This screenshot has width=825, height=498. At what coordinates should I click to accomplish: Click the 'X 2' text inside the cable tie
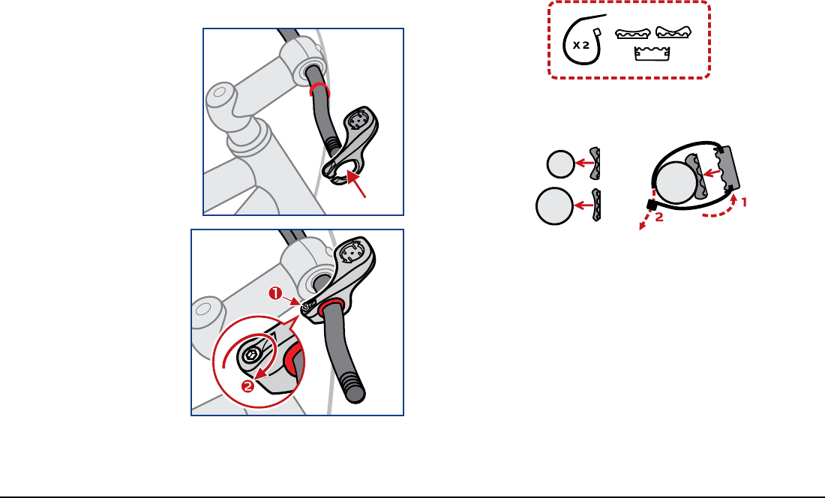580,45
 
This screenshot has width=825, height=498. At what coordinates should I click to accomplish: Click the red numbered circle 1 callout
276,293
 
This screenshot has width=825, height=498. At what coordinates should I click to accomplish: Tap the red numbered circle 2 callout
247,386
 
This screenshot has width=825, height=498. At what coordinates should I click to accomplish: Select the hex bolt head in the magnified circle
251,356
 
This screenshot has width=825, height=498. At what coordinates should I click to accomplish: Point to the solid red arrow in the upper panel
356,186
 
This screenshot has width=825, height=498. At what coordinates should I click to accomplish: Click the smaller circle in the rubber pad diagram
561,164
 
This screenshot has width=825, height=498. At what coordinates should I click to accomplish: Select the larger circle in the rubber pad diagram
554,205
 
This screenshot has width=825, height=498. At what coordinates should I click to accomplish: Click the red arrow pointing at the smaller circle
584,163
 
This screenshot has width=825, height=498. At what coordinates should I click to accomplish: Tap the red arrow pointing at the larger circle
584,205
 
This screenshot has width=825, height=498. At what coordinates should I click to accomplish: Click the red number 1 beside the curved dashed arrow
744,202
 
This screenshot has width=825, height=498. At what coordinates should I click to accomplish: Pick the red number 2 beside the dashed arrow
659,217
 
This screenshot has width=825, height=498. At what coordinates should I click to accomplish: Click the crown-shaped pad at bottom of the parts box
652,53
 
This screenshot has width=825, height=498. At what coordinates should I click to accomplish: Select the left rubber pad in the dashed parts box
633,34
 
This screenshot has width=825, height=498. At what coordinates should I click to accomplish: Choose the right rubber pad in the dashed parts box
673,32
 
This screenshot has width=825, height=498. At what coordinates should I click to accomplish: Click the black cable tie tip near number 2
651,205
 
